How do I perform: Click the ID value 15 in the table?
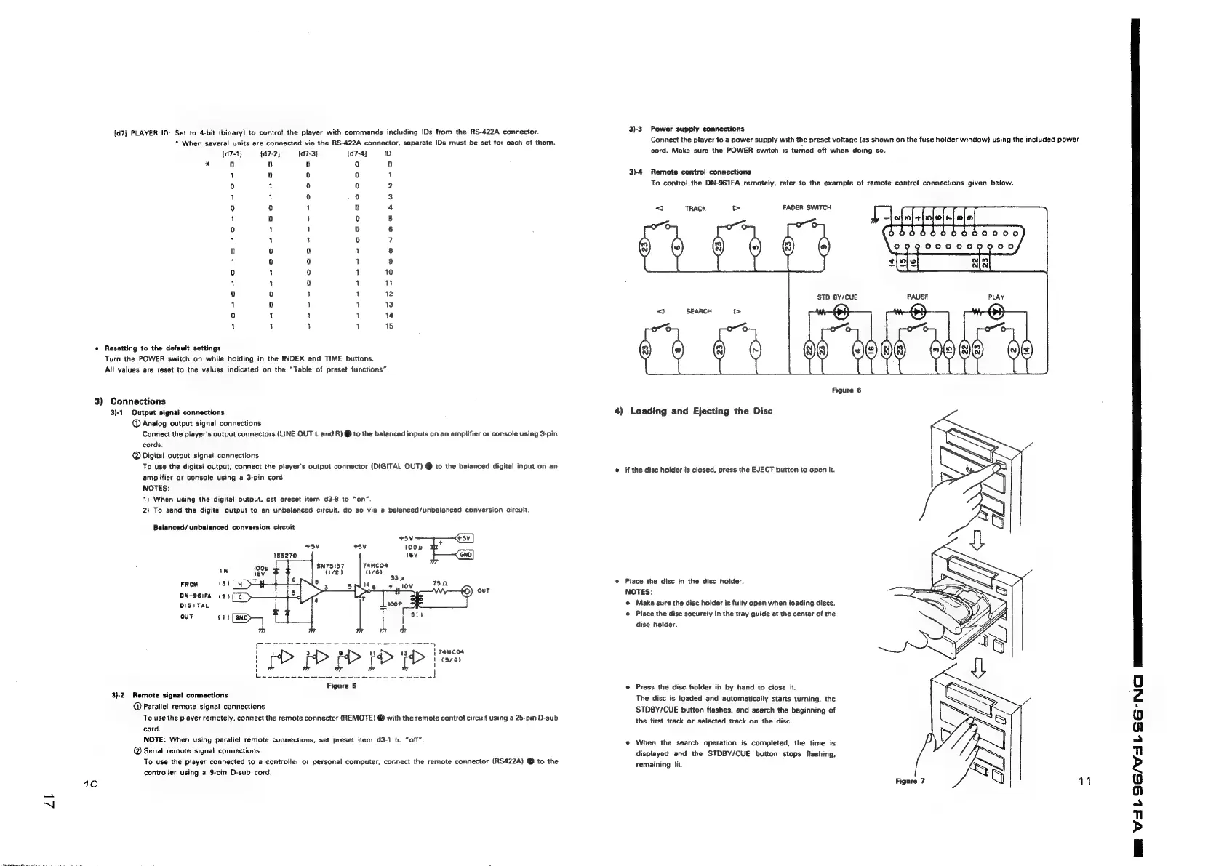tap(389, 326)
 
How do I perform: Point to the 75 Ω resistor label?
tap(439, 582)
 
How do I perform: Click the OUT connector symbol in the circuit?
tap(467, 590)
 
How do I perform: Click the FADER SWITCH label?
tap(807, 208)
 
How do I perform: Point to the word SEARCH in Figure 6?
tap(698, 311)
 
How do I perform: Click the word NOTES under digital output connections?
tap(155, 489)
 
